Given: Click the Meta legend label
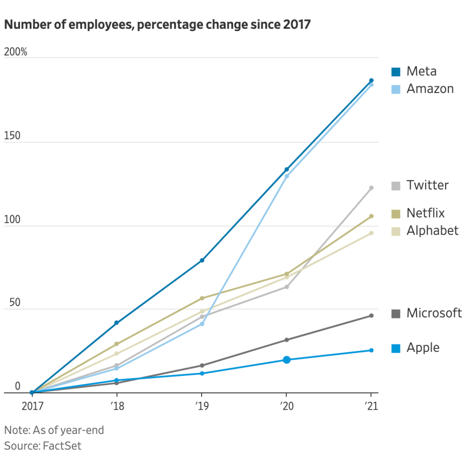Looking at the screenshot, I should (x=421, y=71).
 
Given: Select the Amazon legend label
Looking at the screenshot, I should (x=430, y=89).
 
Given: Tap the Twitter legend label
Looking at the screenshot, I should (x=427, y=185).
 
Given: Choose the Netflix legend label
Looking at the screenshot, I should (x=425, y=213).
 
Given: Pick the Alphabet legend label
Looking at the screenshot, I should (x=432, y=230).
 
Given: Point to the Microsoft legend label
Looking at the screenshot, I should (x=434, y=313).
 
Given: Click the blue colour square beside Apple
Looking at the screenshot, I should (x=396, y=349).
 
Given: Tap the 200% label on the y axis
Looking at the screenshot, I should (x=16, y=52).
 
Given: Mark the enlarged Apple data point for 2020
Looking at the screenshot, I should (x=286, y=360).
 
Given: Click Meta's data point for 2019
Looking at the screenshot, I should (x=202, y=260).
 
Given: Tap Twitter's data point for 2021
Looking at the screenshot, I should (x=371, y=188).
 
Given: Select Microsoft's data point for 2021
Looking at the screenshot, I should (x=371, y=316).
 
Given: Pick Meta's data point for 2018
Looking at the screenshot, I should (x=116, y=323).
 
